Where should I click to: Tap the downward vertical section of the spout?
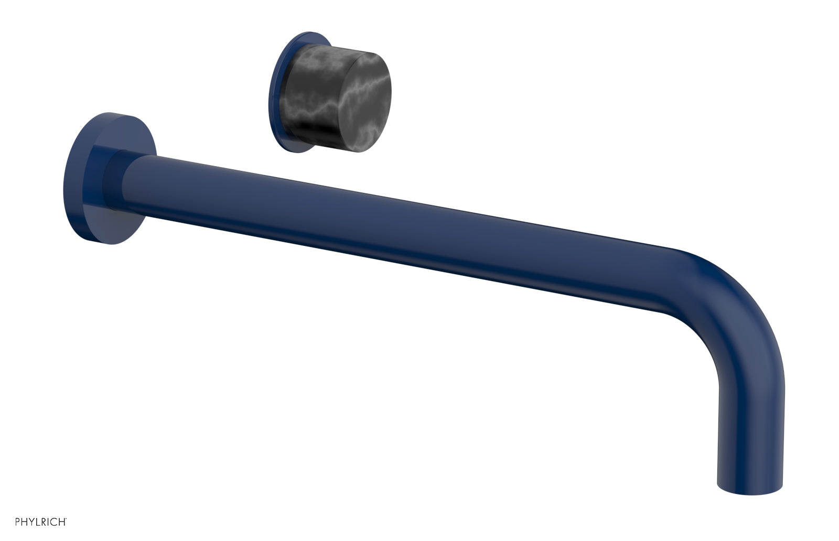(750, 419)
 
